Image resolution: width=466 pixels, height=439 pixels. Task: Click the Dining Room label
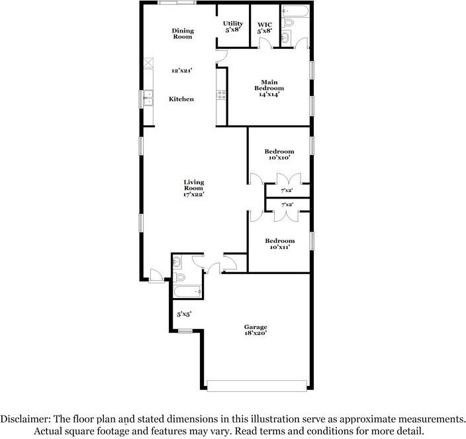click(x=182, y=33)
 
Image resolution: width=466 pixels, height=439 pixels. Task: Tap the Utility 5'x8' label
click(x=233, y=27)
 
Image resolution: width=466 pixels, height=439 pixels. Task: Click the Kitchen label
click(x=181, y=99)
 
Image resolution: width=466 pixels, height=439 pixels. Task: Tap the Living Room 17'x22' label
click(x=194, y=187)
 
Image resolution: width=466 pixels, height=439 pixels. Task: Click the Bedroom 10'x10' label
click(x=280, y=155)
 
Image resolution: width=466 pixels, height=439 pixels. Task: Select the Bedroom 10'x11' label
click(x=280, y=243)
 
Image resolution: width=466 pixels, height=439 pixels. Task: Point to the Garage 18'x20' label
click(x=256, y=330)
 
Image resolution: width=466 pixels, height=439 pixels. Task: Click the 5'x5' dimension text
click(x=184, y=315)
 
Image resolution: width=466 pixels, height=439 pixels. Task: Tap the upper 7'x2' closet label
click(x=287, y=190)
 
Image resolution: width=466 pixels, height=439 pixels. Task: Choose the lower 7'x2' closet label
click(x=287, y=205)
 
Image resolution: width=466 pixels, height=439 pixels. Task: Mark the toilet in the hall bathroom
click(x=178, y=263)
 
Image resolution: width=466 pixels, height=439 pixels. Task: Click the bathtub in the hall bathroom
click(x=187, y=291)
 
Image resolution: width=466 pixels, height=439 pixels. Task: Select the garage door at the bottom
click(x=257, y=385)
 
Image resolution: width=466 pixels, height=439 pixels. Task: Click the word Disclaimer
click(x=24, y=420)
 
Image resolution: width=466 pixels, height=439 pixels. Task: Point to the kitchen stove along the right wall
click(x=222, y=95)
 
